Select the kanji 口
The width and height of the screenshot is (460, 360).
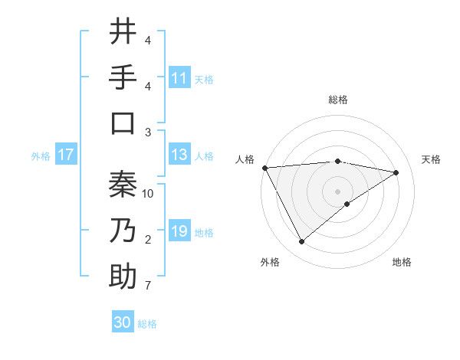[123, 123]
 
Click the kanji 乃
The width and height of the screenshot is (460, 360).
[123, 231]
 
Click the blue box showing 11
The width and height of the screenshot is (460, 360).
[179, 78]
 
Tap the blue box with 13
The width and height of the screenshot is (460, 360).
[179, 155]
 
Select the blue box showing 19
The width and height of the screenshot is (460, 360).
[179, 232]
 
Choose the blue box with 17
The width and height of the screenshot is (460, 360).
[66, 155]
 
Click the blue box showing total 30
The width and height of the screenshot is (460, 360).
[123, 323]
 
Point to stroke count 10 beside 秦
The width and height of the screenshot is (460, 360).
[148, 194]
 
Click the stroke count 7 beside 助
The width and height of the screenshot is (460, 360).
[147, 286]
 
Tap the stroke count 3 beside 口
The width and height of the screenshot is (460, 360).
[147, 133]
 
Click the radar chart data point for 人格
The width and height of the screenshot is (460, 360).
[264, 168]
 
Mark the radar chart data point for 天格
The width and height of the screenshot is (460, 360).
[396, 172]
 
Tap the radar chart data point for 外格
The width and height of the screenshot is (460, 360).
[301, 241]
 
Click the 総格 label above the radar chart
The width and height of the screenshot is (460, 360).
[337, 100]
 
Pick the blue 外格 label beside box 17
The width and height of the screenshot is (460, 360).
[41, 156]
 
